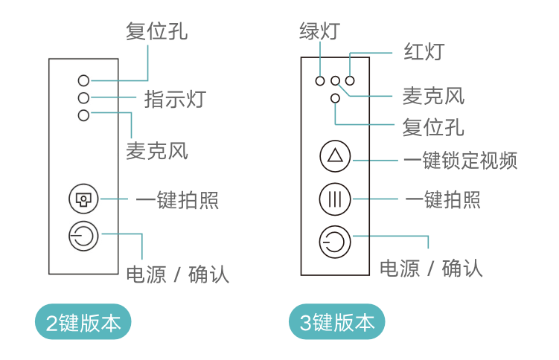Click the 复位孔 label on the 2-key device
tap(156, 31)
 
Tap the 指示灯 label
tap(175, 98)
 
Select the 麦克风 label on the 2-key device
tap(156, 151)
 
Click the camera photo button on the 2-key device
tap(83, 199)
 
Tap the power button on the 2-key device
tap(83, 237)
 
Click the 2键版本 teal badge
tap(83, 323)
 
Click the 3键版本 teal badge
tap(337, 323)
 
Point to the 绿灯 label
tap(319, 31)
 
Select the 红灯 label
tap(424, 52)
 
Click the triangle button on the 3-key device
tap(334, 158)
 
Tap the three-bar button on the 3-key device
tap(334, 199)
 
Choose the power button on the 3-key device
tap(334, 242)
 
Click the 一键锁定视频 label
tap(460, 160)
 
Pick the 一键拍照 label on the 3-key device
tap(443, 199)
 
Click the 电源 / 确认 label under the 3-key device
tap(431, 268)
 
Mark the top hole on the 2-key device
tap(83, 80)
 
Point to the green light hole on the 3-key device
tap(320, 80)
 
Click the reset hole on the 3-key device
tap(335, 97)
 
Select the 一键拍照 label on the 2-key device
tap(177, 199)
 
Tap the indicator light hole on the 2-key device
tap(83, 97)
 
